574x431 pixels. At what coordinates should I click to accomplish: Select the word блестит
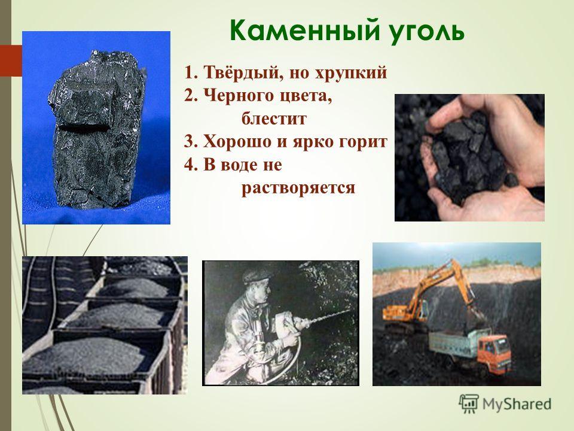click(274, 119)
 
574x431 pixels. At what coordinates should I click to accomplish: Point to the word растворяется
click(298, 188)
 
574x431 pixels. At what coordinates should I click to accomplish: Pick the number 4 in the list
click(189, 165)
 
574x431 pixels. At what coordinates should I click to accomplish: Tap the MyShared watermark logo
click(505, 404)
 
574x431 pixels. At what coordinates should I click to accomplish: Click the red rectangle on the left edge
click(11, 61)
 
